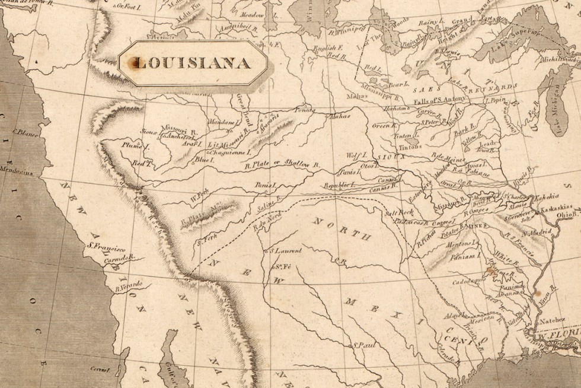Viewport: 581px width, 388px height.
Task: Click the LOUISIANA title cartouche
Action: coord(193,62)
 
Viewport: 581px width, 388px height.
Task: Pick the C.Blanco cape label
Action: coord(25,134)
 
